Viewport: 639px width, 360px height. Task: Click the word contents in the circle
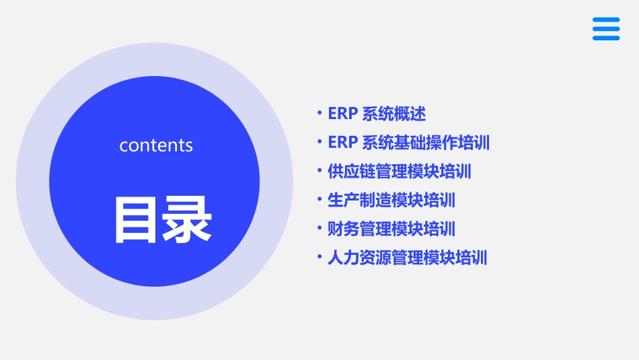[x=156, y=145]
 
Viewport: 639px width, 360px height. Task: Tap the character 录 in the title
[x=186, y=219]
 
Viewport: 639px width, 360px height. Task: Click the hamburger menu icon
[x=605, y=29]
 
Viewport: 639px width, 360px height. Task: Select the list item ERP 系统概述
[x=377, y=114]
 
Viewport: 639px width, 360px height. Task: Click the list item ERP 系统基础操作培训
[x=408, y=143]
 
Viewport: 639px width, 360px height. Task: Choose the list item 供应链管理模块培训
[x=400, y=172]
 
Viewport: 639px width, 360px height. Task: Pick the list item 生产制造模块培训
[x=391, y=200]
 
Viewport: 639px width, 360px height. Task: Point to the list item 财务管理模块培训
[x=391, y=229]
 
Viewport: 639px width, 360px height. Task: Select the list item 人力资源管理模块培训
[x=408, y=258]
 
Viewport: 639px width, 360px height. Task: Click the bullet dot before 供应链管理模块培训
[x=320, y=171]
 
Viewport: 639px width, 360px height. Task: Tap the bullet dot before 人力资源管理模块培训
[x=320, y=257]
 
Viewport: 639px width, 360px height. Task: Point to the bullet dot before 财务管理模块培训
[x=320, y=228]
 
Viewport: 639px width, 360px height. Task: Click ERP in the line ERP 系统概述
[x=342, y=114]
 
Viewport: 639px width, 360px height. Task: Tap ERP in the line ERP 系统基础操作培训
[x=342, y=143]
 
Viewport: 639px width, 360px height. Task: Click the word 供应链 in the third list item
[x=352, y=172]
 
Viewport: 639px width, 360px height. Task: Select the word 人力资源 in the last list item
[x=360, y=258]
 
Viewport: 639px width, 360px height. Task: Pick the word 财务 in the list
[x=344, y=229]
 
